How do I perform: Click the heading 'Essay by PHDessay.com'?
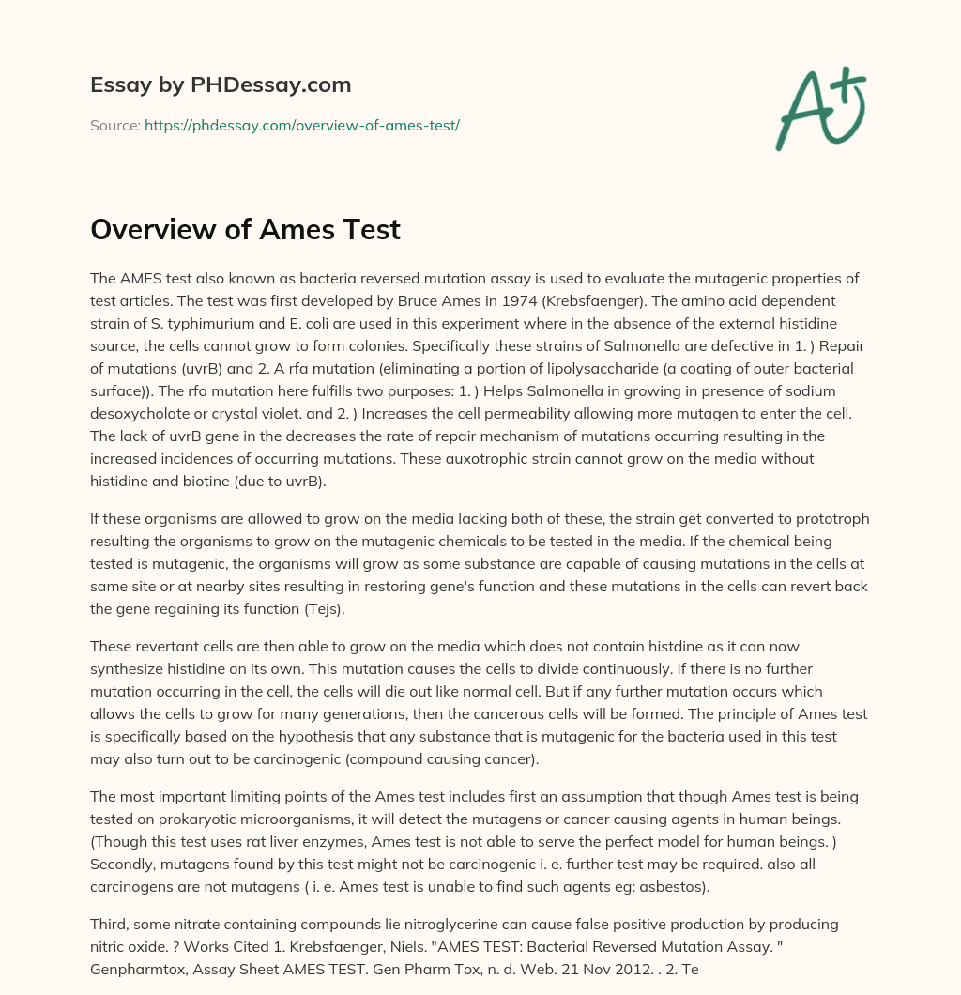pos(221,85)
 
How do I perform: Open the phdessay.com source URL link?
pos(301,125)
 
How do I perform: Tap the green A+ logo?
pos(819,107)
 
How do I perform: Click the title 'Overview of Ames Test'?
pos(245,229)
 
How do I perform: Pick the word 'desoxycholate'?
pos(136,413)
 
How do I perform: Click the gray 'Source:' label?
pos(115,125)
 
